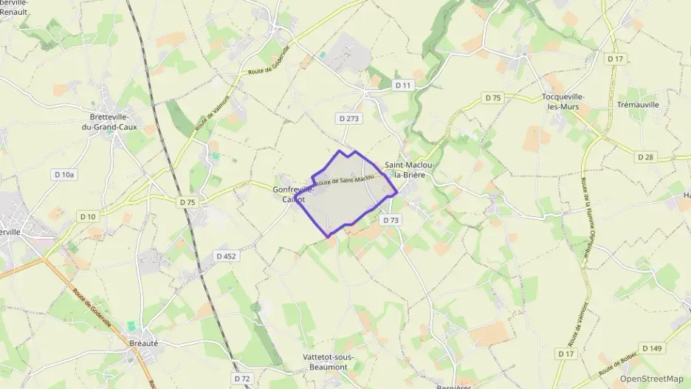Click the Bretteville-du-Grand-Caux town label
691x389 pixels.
coord(110,122)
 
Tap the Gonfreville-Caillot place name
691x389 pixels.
coord(294,194)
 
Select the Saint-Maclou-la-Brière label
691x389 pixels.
coord(408,170)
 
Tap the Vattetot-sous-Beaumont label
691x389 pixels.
coord(329,362)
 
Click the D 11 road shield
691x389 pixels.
coord(402,86)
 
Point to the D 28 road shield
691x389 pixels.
coord(645,157)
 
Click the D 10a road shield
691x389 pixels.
coord(64,174)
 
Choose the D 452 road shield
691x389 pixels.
coord(226,256)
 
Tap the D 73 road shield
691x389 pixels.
coord(391,220)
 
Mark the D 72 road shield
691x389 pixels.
coord(242,378)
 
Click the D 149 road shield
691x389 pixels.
coord(651,348)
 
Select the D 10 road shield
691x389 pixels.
coord(87,216)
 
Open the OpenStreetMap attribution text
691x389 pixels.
coord(652,379)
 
